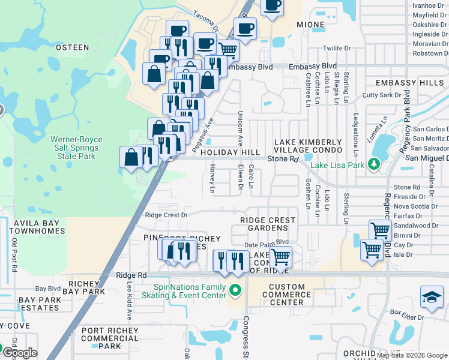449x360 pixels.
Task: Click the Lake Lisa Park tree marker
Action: (374, 163)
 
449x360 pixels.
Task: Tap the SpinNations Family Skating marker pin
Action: (235, 292)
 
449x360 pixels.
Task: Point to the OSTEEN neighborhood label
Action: (72, 47)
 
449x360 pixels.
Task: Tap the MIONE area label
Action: (310, 25)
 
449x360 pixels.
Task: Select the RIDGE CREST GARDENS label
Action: (268, 224)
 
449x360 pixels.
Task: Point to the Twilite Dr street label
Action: (337, 48)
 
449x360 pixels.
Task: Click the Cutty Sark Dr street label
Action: (381, 95)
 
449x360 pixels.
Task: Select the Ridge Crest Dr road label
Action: (166, 215)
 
